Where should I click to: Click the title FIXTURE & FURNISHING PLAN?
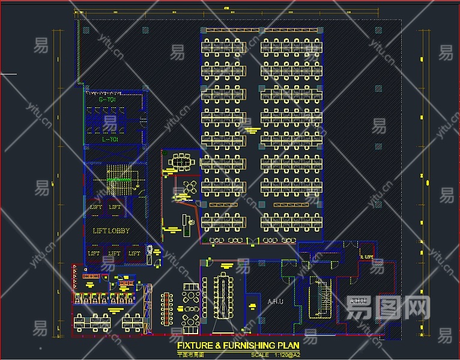tap(238, 346)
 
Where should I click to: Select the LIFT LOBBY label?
tap(111, 230)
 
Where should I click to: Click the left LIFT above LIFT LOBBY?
tap(96, 207)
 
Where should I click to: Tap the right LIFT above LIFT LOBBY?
tap(115, 207)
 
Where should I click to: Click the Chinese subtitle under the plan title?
tap(191, 355)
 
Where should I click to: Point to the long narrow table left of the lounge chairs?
tap(166, 310)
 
